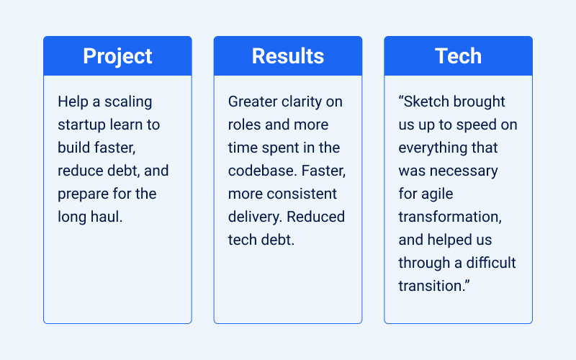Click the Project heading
tap(117, 56)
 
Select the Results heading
tap(288, 56)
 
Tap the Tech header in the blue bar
tap(458, 56)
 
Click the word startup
tap(81, 125)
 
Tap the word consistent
tap(301, 194)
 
